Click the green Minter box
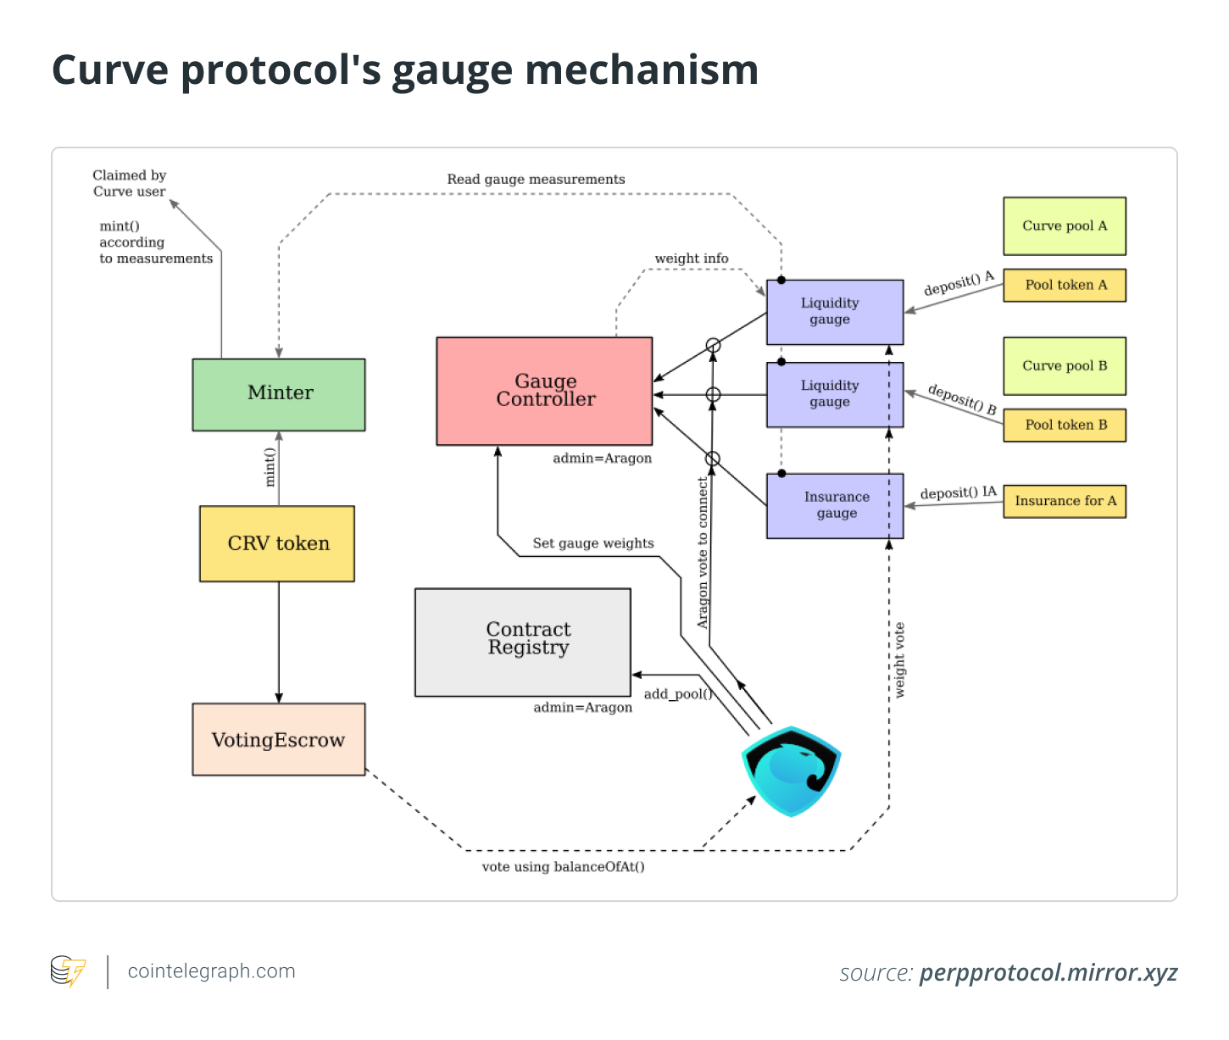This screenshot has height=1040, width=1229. pos(279,394)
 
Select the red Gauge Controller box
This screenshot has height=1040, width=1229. pos(544,391)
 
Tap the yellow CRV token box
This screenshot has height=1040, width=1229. pos(277,543)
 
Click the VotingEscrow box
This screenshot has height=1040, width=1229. pos(278,739)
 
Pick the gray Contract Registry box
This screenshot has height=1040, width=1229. pos(523,642)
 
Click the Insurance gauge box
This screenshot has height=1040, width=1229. pos(835,505)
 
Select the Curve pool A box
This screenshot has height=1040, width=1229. pos(1065,225)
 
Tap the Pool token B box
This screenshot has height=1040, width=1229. pos(1065,425)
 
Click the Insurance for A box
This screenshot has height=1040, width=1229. pos(1065,501)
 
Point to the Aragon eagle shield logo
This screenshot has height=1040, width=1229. pos(791,770)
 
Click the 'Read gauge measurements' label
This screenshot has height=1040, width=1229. pos(536,179)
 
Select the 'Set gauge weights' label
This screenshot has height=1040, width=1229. pos(592,543)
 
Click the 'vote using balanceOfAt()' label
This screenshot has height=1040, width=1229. pos(563,866)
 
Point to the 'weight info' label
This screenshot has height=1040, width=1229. pos(691,259)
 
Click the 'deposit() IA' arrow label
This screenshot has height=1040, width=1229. pos(958,492)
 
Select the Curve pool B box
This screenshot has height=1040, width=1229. pos(1065,365)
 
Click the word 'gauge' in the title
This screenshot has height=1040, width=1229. pos(452,70)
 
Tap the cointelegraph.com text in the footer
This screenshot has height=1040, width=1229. pos(211,971)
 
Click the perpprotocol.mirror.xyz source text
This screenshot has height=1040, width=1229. pos(1048,972)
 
